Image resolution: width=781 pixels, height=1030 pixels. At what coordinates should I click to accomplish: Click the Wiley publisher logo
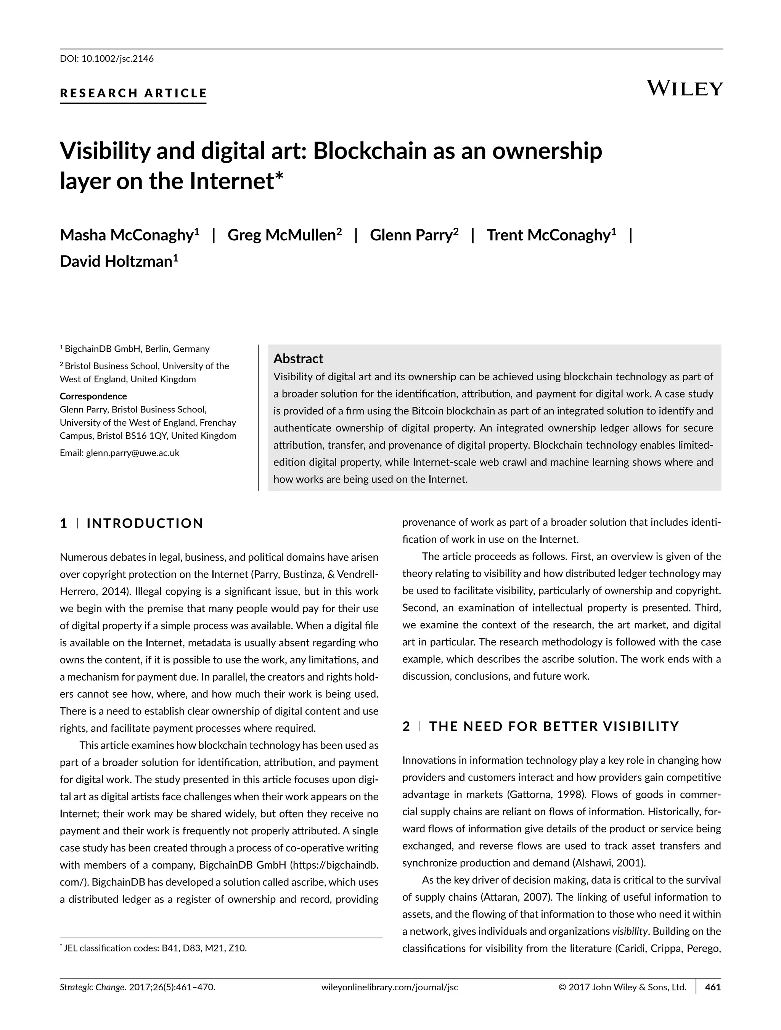[x=685, y=88]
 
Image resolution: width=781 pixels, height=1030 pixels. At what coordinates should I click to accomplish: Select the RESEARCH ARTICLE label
[x=133, y=93]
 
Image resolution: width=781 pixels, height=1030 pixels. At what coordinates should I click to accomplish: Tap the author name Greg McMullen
[x=284, y=235]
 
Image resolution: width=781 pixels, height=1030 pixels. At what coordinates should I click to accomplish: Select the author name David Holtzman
[x=119, y=262]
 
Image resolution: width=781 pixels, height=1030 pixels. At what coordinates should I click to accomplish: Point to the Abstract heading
[x=298, y=359]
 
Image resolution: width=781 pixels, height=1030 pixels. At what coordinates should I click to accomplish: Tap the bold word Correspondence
[x=93, y=396]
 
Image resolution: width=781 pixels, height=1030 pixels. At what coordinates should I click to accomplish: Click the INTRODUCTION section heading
[x=145, y=523]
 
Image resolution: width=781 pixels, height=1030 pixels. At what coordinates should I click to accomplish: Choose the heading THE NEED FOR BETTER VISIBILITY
[x=554, y=726]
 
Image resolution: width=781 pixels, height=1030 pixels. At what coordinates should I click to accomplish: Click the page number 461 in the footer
[x=713, y=1000]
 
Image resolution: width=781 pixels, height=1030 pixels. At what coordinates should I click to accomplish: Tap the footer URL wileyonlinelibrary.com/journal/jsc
[x=390, y=1000]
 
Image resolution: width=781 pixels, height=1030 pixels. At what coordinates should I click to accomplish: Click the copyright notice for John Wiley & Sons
[x=622, y=1000]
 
